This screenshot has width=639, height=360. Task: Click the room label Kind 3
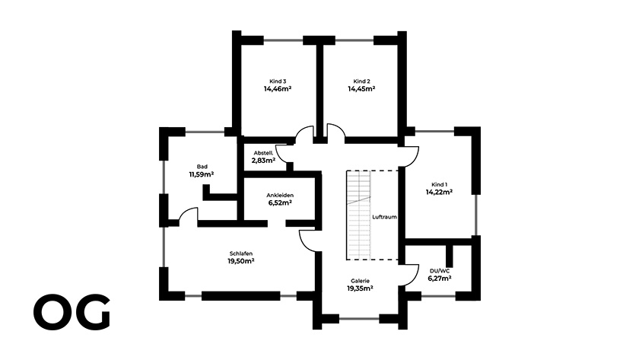pyautogui.click(x=278, y=81)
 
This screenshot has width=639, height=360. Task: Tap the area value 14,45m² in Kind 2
pyautogui.click(x=361, y=89)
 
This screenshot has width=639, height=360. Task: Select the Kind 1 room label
pyautogui.click(x=439, y=184)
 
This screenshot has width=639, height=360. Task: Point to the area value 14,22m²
pyautogui.click(x=439, y=193)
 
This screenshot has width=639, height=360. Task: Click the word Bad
pyautogui.click(x=202, y=166)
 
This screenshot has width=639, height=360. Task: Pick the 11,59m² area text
pyautogui.click(x=202, y=174)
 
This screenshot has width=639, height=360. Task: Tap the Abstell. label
pyautogui.click(x=263, y=152)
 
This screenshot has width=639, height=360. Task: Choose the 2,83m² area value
pyautogui.click(x=263, y=161)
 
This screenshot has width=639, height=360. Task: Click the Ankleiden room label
pyautogui.click(x=280, y=196)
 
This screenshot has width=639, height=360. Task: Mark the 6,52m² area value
pyautogui.click(x=280, y=204)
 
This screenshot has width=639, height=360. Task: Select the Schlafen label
pyautogui.click(x=240, y=253)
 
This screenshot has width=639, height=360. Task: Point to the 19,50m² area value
pyautogui.click(x=240, y=261)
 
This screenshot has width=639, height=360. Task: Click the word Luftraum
pyautogui.click(x=384, y=216)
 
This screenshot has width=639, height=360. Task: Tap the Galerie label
pyautogui.click(x=360, y=280)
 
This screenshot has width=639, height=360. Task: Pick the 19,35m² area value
pyautogui.click(x=360, y=288)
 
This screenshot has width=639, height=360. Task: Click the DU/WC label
pyautogui.click(x=440, y=270)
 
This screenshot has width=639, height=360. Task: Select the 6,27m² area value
pyautogui.click(x=440, y=279)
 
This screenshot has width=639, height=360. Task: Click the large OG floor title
pyautogui.click(x=72, y=314)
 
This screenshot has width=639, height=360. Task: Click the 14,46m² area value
pyautogui.click(x=278, y=89)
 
